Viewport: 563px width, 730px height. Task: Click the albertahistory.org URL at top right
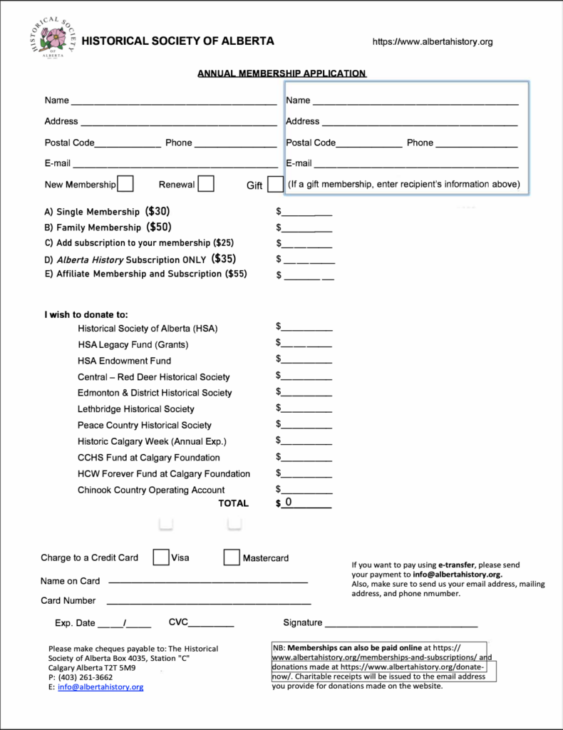point(433,42)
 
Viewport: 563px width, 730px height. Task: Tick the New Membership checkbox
point(125,184)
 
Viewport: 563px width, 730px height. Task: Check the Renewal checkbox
point(206,184)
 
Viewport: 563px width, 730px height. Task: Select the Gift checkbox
point(275,185)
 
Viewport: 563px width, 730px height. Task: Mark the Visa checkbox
point(161,557)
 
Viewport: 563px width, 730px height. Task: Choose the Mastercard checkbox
point(232,557)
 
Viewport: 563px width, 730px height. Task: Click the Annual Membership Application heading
point(281,73)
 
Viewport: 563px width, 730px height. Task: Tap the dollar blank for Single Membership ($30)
point(307,212)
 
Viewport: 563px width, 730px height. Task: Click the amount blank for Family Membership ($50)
point(307,227)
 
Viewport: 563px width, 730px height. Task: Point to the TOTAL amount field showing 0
point(306,503)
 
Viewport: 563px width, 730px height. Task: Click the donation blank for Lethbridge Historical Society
point(307,408)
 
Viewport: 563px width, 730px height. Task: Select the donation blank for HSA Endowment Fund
point(307,360)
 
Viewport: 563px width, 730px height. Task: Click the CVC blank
point(211,622)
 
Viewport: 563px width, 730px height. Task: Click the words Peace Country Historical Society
point(145,425)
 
